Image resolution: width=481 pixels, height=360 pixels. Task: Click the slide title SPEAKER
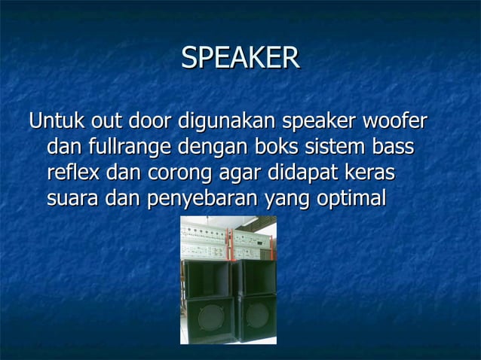240,58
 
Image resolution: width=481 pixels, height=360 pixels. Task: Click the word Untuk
57,121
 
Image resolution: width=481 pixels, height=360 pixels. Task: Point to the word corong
174,172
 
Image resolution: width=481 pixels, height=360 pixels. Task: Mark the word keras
369,172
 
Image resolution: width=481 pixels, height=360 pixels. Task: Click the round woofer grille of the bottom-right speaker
256,316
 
